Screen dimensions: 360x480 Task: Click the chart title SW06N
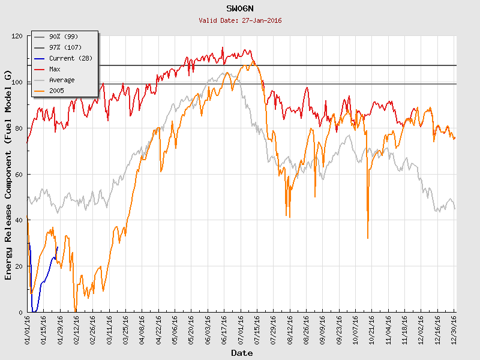(x=240, y=9)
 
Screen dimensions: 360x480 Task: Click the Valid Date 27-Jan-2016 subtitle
(x=240, y=20)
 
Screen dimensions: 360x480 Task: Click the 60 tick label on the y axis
(x=18, y=175)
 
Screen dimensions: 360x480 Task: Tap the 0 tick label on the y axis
(x=20, y=313)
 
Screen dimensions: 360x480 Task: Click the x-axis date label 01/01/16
(x=28, y=329)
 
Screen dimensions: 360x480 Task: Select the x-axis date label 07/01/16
(x=241, y=329)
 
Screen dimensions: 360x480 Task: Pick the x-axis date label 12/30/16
(x=454, y=329)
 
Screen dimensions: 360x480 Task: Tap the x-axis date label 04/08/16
(x=142, y=329)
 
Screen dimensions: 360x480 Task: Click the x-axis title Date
(x=242, y=353)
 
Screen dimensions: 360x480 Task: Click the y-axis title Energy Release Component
(x=8, y=174)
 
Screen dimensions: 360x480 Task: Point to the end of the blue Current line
(x=58, y=247)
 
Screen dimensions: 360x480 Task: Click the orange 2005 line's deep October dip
(x=368, y=238)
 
